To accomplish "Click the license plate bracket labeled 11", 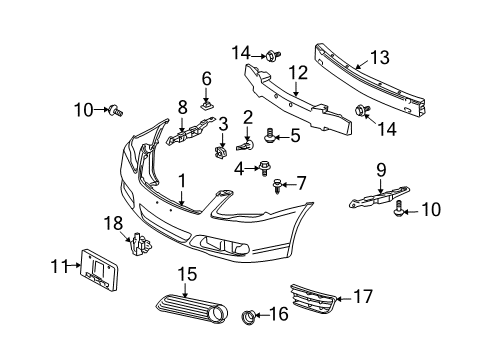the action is point(99,270).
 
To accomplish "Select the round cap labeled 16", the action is point(248,317).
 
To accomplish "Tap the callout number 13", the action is point(380,58).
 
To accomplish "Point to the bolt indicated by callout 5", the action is point(269,136).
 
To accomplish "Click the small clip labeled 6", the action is point(207,106).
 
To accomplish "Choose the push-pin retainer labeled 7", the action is point(277,187).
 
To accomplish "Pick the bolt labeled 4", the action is point(265,168).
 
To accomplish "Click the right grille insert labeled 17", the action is point(313,298).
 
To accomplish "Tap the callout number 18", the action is point(114,224).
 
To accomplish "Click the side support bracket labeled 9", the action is point(379,197).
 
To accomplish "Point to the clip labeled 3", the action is point(220,152).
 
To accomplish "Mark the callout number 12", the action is point(298,73).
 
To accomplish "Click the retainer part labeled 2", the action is point(246,145).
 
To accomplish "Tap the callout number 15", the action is point(187,275).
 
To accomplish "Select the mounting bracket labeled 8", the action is point(191,132).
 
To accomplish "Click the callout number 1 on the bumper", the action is point(181,181).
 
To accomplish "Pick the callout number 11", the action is point(59,266).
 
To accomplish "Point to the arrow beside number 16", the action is point(263,314).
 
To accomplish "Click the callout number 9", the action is point(381,170).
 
